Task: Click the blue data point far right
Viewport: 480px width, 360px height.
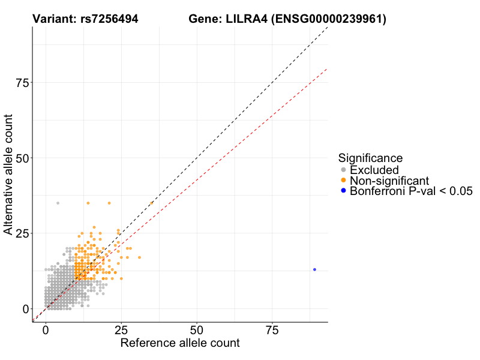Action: [314, 269]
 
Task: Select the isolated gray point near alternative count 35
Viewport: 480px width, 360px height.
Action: [58, 203]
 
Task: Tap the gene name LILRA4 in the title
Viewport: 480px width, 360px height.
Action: [245, 19]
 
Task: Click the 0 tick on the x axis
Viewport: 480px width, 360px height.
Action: [46, 331]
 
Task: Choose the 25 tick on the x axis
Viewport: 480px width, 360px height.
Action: [121, 331]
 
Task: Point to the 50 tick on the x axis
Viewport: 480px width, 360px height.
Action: [197, 331]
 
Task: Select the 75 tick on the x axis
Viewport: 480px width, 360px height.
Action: [272, 331]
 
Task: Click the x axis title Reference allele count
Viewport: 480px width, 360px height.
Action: [180, 343]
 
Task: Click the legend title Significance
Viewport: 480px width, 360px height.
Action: [370, 158]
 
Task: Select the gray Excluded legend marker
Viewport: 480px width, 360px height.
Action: [343, 170]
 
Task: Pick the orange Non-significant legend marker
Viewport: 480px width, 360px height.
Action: [343, 181]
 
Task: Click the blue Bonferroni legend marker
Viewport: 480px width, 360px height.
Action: [343, 191]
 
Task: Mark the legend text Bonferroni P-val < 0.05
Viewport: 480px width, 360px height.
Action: [412, 191]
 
